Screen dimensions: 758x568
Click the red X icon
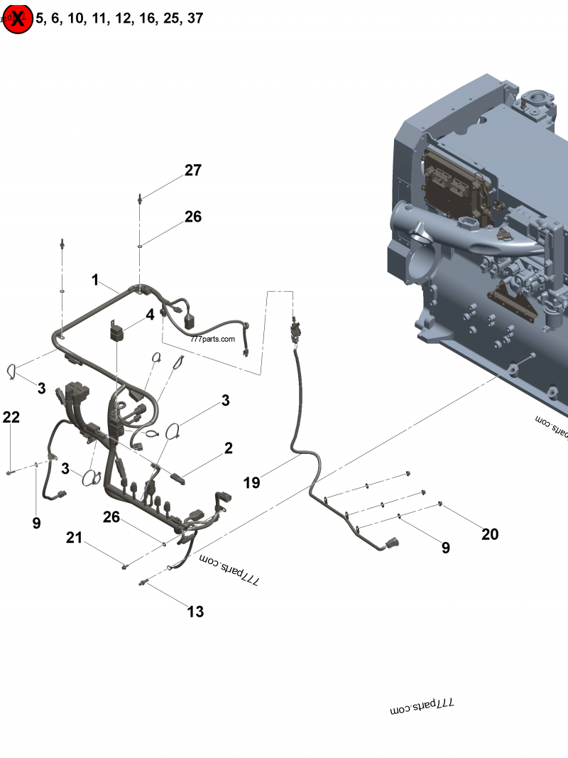tap(17, 19)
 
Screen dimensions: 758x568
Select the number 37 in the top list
tap(194, 18)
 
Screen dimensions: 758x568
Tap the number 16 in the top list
tap(147, 18)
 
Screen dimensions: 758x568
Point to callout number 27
tap(193, 170)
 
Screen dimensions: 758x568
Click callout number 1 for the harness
tap(95, 280)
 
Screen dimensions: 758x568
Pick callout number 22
tap(11, 418)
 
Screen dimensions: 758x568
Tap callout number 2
tap(228, 448)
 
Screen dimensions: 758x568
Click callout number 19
tap(251, 483)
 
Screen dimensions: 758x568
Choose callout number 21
tap(75, 538)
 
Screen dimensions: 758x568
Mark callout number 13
tap(195, 611)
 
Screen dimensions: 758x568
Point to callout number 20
tap(490, 534)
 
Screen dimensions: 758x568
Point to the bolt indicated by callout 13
tap(144, 583)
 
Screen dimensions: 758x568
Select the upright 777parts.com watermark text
tap(212, 339)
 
